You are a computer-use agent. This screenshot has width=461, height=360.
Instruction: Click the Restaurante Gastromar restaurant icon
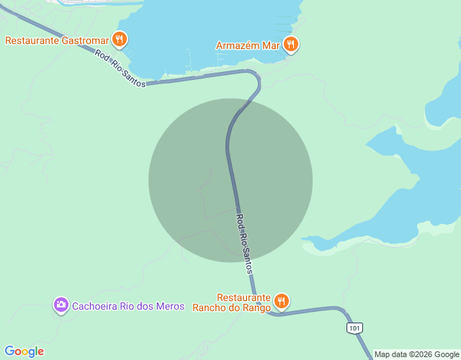coord(120,39)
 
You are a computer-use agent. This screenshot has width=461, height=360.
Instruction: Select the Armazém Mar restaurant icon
coord(291,45)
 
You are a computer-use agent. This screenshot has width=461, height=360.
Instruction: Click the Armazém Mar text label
coord(248,45)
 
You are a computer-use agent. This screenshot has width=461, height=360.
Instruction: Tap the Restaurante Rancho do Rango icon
coord(281,302)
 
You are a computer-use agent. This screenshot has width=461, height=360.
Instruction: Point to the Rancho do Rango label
coord(231,307)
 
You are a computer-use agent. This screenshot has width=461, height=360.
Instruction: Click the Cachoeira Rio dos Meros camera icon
coord(61,305)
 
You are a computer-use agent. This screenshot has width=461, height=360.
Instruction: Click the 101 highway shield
coord(354,328)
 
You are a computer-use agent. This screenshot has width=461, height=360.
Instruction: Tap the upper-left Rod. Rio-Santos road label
coord(120,70)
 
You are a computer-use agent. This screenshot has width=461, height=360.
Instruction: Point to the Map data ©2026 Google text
coord(416,354)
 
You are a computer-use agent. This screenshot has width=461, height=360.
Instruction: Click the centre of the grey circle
coord(230,180)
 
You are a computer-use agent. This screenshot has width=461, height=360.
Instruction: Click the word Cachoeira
coord(98,306)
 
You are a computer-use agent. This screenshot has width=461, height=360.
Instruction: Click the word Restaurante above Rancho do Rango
coord(243,297)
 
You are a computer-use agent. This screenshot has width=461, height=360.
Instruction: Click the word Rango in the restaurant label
coord(256,307)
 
